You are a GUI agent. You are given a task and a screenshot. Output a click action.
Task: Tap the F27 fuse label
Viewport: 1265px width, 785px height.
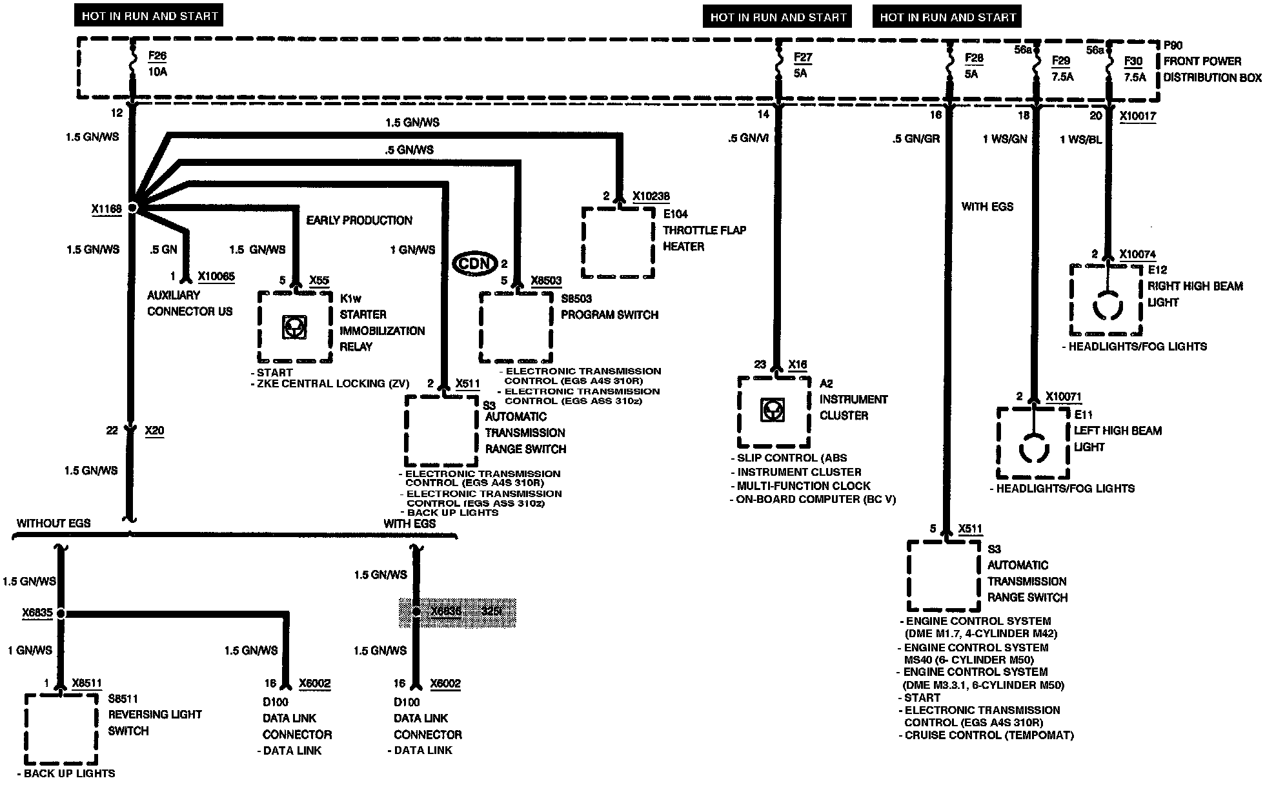coord(802,57)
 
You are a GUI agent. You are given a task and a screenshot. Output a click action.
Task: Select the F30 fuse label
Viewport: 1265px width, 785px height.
coord(1133,61)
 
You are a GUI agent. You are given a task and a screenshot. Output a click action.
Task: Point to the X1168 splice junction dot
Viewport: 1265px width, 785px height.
coord(132,208)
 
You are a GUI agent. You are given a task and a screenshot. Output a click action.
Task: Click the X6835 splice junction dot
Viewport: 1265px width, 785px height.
coord(60,613)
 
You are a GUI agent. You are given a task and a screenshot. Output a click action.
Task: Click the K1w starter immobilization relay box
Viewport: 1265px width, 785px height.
coord(295,327)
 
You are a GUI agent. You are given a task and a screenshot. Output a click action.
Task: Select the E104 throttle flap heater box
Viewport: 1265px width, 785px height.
coord(618,242)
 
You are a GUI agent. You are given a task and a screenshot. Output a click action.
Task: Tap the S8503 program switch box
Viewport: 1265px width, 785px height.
coord(516,328)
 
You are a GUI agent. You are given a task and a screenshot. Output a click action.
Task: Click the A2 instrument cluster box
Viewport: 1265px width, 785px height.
coord(773,411)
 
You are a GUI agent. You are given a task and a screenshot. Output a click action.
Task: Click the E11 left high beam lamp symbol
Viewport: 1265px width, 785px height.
coord(1033,447)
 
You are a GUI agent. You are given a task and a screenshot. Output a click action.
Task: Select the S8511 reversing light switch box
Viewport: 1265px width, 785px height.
coord(61,728)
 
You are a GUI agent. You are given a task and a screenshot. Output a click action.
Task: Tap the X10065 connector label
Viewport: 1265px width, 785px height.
coord(216,277)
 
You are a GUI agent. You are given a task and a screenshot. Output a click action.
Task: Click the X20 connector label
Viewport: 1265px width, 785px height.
coord(154,431)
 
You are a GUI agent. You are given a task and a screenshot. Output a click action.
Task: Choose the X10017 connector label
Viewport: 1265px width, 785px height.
coord(1138,116)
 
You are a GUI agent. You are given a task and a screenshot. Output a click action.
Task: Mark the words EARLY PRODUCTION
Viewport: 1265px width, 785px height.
coord(359,221)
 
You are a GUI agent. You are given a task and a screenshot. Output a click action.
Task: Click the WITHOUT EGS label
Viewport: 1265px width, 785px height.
coord(54,524)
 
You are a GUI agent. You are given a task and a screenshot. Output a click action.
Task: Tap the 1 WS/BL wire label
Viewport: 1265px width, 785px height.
coord(1080,139)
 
